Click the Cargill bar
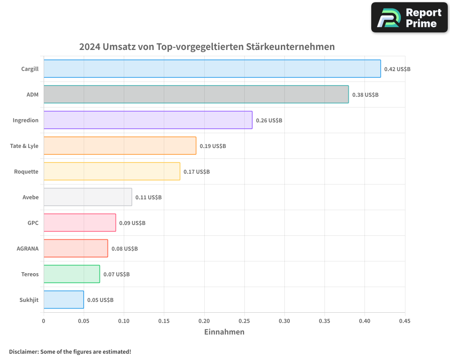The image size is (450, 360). (212, 69)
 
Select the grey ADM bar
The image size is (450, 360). (196, 94)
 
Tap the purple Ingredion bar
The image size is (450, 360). (148, 120)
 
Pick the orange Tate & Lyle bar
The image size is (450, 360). (120, 146)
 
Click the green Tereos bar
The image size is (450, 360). (72, 274)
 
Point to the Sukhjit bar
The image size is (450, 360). (63, 300)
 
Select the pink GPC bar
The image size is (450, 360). (80, 223)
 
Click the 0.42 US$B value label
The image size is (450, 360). (397, 69)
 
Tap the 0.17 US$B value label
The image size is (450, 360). (197, 172)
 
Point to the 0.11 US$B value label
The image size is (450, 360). (148, 198)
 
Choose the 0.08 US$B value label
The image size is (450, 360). (125, 249)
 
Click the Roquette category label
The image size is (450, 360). (26, 171)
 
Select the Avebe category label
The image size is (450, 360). (31, 197)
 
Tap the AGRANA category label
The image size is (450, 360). (27, 248)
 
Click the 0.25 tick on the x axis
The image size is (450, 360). (244, 321)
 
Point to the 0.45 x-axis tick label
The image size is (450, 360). (405, 321)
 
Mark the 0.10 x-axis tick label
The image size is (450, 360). (124, 321)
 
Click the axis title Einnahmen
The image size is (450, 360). (224, 332)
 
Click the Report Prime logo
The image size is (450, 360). (409, 18)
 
